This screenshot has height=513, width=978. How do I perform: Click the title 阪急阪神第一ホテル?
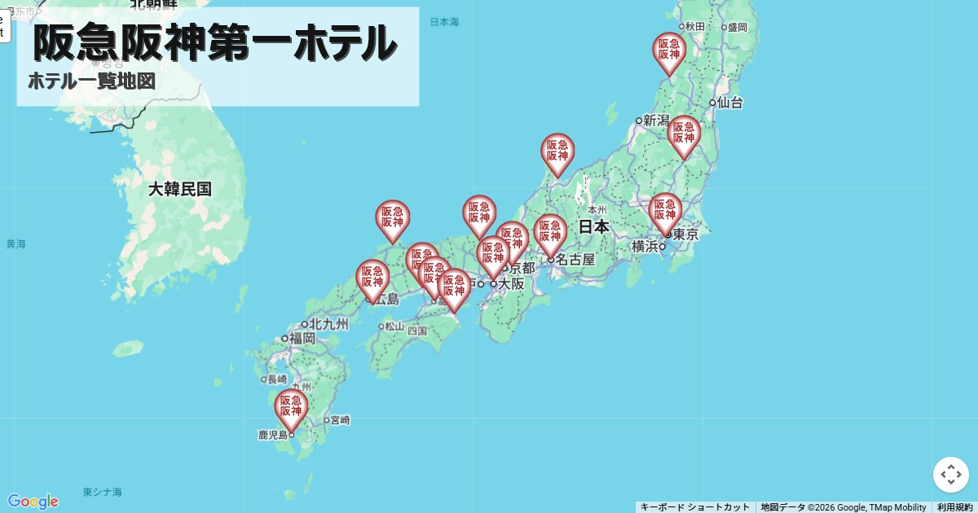[x=215, y=43]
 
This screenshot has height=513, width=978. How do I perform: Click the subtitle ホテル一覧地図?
[x=91, y=81]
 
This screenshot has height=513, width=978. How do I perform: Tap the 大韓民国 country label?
[x=180, y=190]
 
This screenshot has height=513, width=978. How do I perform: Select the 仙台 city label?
[x=729, y=103]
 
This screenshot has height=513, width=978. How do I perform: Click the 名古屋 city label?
[x=575, y=260]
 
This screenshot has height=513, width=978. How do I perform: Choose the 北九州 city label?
[x=328, y=324]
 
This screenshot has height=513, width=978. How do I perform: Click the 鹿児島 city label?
[x=274, y=436]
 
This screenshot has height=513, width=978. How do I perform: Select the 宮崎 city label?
[x=340, y=421]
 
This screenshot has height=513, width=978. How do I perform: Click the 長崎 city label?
[x=276, y=379]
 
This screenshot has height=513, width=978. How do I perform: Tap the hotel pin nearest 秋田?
[x=669, y=50]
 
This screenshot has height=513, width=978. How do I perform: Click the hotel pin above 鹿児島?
[x=291, y=407]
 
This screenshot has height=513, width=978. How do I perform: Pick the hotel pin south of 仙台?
[x=684, y=134]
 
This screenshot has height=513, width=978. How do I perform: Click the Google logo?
[x=33, y=501]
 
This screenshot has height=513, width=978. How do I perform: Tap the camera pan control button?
[x=951, y=475]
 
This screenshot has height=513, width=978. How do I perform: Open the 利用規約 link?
[x=954, y=507]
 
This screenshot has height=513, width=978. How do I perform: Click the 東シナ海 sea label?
[x=103, y=493]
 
